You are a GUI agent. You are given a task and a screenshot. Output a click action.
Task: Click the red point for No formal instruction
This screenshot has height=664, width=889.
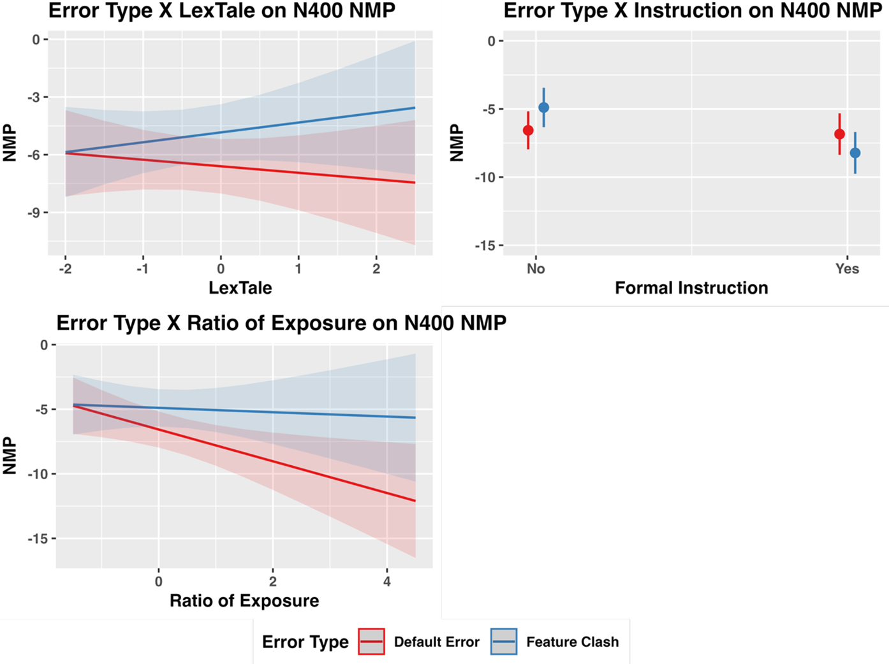coord(528,131)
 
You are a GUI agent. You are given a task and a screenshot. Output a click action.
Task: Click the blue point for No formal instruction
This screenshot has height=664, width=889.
coord(543,108)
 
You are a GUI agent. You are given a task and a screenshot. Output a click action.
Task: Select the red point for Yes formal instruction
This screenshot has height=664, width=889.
coord(839,134)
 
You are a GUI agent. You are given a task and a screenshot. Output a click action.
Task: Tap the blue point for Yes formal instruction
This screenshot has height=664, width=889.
coord(855,153)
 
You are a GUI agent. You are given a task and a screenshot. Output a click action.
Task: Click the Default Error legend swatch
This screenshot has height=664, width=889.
coord(371,642)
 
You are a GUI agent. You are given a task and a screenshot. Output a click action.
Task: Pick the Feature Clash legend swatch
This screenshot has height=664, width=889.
coord(504,642)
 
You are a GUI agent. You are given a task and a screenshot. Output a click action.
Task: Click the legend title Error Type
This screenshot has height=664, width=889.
coord(305,642)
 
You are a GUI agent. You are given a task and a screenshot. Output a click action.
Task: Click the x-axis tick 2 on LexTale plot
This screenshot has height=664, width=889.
coord(376,269)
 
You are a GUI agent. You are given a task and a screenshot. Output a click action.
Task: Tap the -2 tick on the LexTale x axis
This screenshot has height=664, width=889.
coord(65,269)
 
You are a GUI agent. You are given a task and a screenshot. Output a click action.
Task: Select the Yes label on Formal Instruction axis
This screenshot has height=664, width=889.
coord(847,269)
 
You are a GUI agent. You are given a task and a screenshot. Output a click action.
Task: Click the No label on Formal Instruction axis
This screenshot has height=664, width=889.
coord(536,269)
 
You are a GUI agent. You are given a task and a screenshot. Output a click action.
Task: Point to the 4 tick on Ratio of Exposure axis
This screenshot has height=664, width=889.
coord(387,581)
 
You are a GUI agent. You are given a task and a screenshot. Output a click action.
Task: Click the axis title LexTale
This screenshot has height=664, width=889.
coord(240,288)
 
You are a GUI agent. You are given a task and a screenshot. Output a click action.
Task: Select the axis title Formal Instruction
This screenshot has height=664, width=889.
coord(691,288)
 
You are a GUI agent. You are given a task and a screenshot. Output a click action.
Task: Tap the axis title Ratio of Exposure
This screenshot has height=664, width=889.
coord(244,601)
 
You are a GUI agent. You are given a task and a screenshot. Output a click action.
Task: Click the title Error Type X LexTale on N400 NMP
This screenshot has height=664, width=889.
coord(222,11)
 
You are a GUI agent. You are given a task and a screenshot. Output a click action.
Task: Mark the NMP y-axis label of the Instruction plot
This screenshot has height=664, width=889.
coord(457,143)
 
